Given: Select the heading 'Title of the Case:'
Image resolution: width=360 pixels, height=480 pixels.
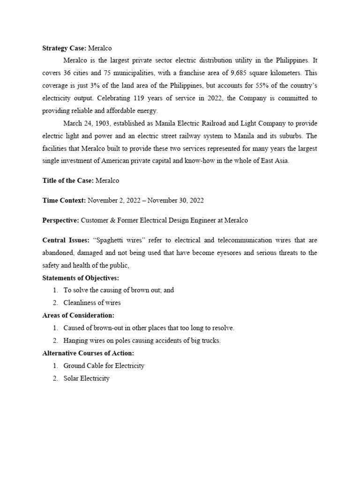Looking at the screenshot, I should [67, 180].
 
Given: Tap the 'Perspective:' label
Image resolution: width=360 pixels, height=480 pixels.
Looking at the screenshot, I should [60, 220].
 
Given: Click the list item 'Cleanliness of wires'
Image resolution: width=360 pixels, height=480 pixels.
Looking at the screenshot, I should [92, 302].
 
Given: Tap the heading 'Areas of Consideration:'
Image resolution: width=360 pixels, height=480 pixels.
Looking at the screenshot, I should [78, 315].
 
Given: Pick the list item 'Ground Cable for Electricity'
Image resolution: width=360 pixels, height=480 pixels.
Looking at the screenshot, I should [104, 366].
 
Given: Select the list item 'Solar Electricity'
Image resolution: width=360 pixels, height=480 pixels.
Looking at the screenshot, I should [87, 378].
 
